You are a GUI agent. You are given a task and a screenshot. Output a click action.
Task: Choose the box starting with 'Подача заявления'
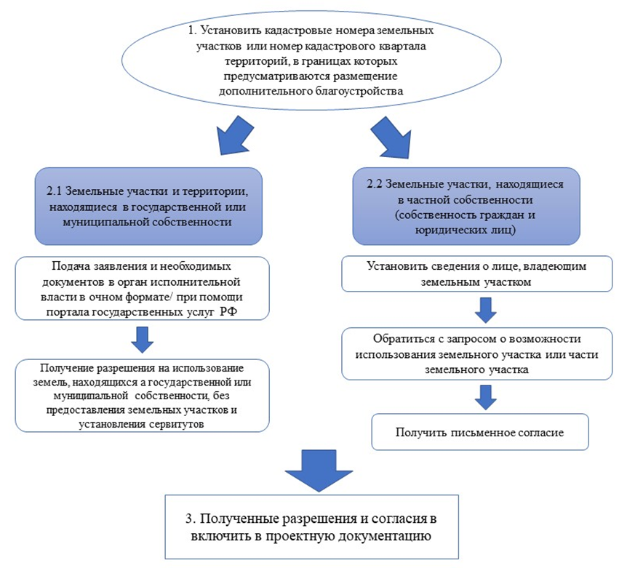pyautogui.click(x=143, y=288)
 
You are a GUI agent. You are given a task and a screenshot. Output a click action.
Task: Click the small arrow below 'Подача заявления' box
pyautogui.click(x=143, y=337)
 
